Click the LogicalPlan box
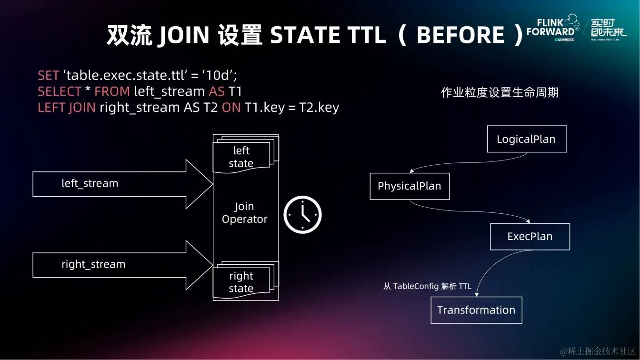click(527, 139)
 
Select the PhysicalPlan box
click(410, 186)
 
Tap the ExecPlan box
click(530, 237)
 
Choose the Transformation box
click(476, 310)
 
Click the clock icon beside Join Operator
click(303, 215)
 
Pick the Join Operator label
click(245, 213)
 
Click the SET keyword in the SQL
click(48, 75)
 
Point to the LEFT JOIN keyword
click(67, 108)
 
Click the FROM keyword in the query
click(112, 91)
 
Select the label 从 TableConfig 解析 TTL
click(427, 287)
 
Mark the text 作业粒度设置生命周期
click(500, 92)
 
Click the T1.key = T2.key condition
click(291, 108)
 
